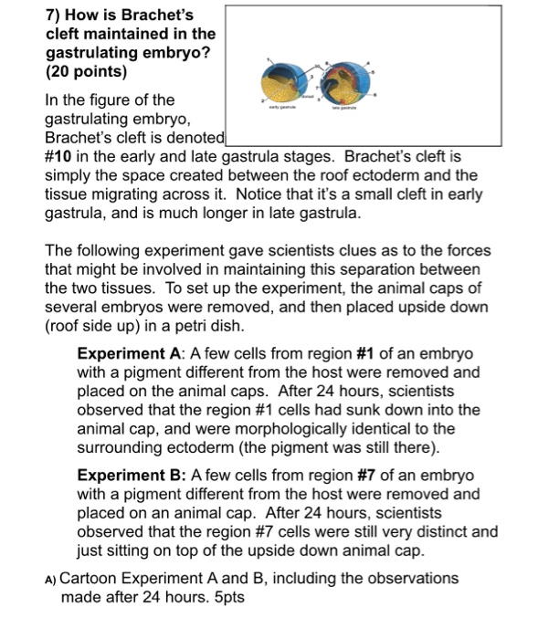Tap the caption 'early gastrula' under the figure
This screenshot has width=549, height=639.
tap(292, 131)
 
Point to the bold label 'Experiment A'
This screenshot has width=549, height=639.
tap(129, 353)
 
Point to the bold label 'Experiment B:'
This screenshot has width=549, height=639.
tap(132, 477)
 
